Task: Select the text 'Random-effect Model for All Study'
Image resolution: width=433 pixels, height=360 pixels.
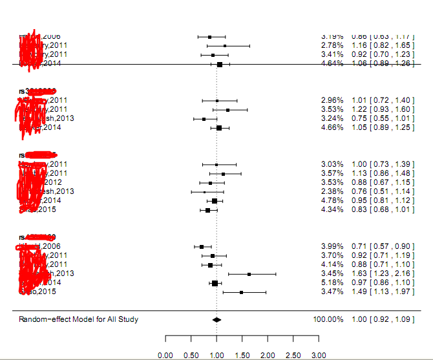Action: click(78, 319)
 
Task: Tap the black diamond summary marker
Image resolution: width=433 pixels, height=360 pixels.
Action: click(216, 319)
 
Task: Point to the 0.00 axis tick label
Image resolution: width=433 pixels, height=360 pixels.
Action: click(165, 355)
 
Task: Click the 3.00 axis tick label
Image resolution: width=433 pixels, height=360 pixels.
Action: click(319, 355)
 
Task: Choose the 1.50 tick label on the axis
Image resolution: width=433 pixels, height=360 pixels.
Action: click(242, 355)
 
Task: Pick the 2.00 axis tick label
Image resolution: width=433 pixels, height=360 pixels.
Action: click(268, 355)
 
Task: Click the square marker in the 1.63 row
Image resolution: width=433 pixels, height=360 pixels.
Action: click(249, 274)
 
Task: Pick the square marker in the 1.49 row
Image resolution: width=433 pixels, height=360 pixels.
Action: click(242, 292)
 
